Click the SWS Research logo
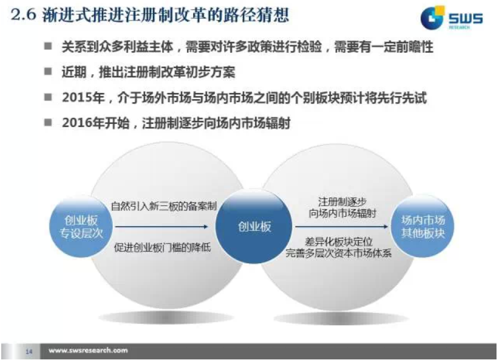tap(451, 17)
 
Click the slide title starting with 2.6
tap(150, 15)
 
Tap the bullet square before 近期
tap(48, 71)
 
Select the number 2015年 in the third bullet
tap(84, 97)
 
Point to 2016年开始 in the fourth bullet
tap(96, 123)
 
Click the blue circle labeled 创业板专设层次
tap(81, 227)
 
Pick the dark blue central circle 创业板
tap(254, 227)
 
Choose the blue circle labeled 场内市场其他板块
tap(423, 227)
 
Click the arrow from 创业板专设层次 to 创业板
tap(162, 227)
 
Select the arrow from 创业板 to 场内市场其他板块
tap(342, 227)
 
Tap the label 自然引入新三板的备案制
tap(164, 206)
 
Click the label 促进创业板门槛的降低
tap(162, 248)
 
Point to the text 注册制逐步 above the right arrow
tap(342, 201)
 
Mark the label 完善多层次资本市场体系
tap(339, 253)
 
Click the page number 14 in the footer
tap(29, 352)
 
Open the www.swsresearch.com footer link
tap(88, 351)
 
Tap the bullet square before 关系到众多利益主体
tap(48, 46)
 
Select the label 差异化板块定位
tap(339, 242)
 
